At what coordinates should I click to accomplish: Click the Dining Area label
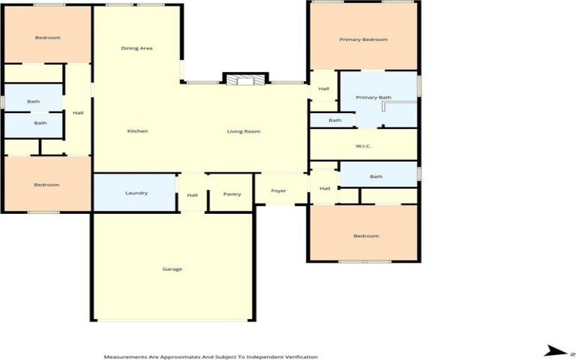(137, 48)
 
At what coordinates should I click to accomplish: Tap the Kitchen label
(138, 131)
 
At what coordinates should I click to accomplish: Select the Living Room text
(243, 131)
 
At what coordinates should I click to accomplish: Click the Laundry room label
(136, 193)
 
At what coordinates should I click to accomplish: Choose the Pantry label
(232, 194)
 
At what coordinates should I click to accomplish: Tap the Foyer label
(279, 191)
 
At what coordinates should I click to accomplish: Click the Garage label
(172, 269)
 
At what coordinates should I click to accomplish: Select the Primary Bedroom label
(364, 40)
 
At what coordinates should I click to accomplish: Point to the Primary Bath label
(374, 97)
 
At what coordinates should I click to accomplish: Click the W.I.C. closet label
(363, 147)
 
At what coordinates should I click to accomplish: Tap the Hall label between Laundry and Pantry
(192, 194)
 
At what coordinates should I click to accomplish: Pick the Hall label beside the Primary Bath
(324, 89)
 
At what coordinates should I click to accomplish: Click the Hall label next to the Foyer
(325, 189)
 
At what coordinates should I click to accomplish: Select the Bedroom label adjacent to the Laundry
(47, 185)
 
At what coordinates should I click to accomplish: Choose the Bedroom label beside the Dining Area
(48, 37)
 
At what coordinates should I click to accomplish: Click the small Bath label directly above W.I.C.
(335, 120)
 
